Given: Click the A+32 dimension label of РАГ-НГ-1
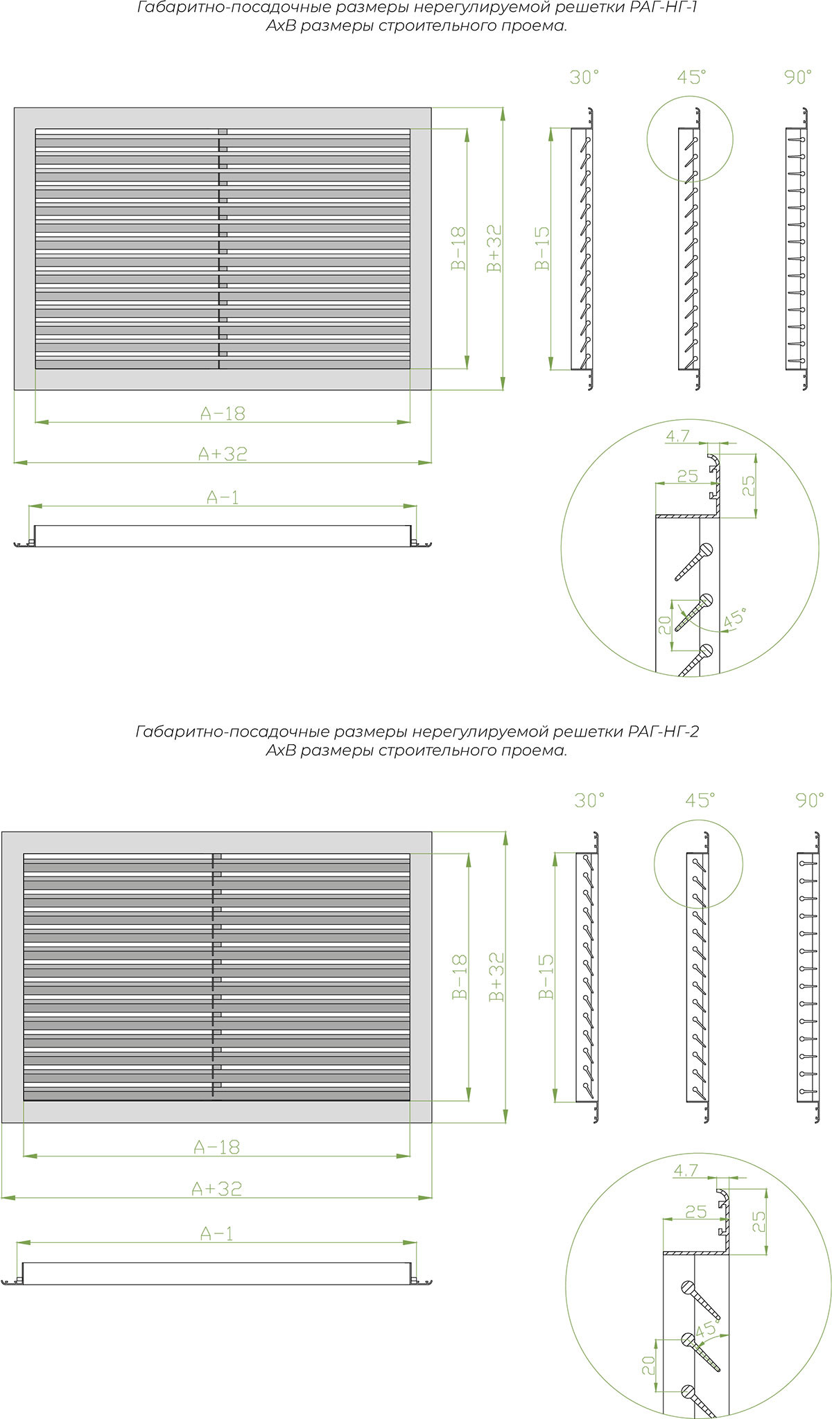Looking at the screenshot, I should pyautogui.click(x=223, y=454).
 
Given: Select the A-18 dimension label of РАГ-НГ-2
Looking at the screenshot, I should pyautogui.click(x=217, y=1147).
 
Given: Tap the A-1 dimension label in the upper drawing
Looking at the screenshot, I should pyautogui.click(x=223, y=497).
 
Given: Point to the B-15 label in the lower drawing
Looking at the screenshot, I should pyautogui.click(x=546, y=976).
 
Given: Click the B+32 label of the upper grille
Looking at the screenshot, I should pyautogui.click(x=494, y=248).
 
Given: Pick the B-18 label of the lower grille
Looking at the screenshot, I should pyautogui.click(x=459, y=976).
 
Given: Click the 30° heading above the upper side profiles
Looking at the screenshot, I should pyautogui.click(x=584, y=77).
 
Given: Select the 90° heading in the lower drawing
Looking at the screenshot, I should pyautogui.click(x=810, y=800).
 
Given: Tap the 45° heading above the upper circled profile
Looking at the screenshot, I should pyautogui.click(x=691, y=77).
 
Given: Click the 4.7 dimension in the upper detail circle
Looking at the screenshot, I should pyautogui.click(x=677, y=436).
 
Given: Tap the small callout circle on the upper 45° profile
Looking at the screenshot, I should pyautogui.click(x=689, y=139).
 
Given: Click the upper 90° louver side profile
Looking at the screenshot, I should pyautogui.click(x=796, y=248).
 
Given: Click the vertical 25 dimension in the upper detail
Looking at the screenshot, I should pyautogui.click(x=749, y=486).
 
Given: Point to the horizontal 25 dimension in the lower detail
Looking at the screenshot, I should pyautogui.click(x=695, y=1212).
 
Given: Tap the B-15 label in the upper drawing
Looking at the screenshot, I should pyautogui.click(x=542, y=248).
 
